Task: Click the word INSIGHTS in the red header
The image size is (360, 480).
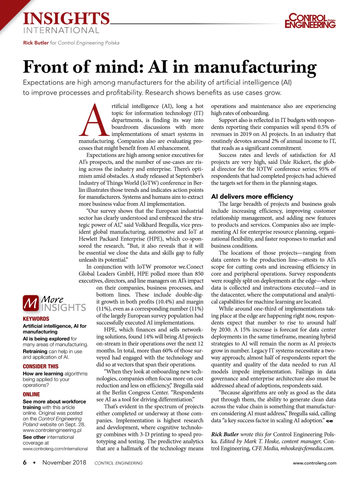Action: coord(66,19)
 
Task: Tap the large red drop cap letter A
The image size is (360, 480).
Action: coord(94,120)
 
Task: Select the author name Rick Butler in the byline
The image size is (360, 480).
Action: coord(36,43)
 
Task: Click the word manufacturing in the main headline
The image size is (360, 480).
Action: coord(255,67)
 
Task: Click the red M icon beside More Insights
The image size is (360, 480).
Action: coord(31,303)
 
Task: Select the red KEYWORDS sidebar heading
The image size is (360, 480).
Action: coord(36,319)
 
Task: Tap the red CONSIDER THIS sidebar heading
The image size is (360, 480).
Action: coord(40,366)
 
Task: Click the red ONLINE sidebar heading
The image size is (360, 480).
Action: coord(31,394)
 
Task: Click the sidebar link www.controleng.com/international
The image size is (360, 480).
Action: coord(55,449)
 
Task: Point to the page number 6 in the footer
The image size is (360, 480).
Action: coord(25,463)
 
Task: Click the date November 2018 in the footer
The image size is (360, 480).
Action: coord(64,463)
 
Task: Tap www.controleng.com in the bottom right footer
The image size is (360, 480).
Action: coord(314,463)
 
